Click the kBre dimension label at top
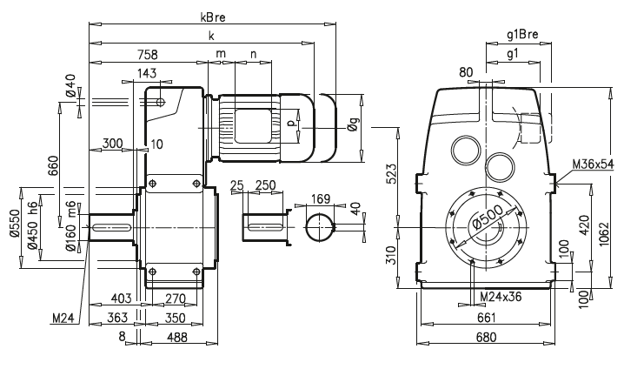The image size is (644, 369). pyautogui.click(x=212, y=17)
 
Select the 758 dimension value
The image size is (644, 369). pyautogui.click(x=147, y=55)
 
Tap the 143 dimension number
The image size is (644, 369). pyautogui.click(x=146, y=75)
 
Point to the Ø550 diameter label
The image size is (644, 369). pyautogui.click(x=13, y=224)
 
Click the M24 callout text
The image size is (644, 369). pyautogui.click(x=62, y=319)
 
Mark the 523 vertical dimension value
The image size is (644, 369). pyautogui.click(x=393, y=174)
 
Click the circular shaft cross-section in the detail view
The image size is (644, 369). pyautogui.click(x=319, y=226)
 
